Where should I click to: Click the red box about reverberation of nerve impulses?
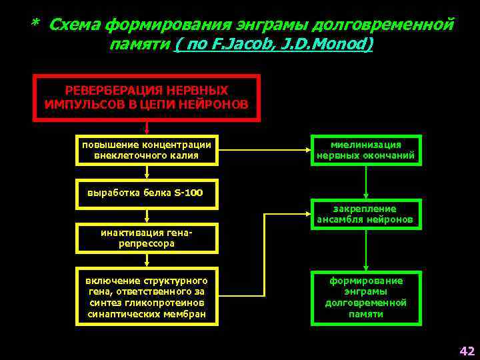click(146, 97)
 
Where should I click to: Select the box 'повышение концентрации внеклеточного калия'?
click(146, 151)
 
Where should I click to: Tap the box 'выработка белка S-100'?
click(146, 194)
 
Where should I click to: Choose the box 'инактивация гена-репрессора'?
click(146, 238)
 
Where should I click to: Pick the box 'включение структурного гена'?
click(146, 297)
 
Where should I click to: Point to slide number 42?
click(466, 351)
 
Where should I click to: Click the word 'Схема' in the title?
click(75, 25)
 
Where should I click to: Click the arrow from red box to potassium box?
click(147, 129)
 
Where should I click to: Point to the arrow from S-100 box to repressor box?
click(147, 215)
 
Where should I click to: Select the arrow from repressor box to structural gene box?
click(147, 261)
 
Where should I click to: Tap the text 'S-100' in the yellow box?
click(189, 194)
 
